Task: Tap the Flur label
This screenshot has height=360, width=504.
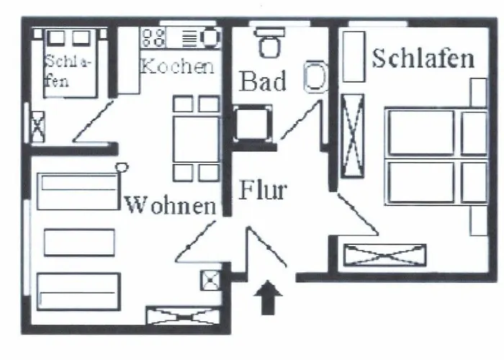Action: click(x=263, y=191)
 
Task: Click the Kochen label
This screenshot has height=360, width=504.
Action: click(x=177, y=67)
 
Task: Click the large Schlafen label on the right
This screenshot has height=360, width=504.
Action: click(x=423, y=59)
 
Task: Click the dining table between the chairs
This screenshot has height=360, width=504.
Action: click(x=196, y=139)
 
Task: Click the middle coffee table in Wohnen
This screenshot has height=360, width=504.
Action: click(x=79, y=242)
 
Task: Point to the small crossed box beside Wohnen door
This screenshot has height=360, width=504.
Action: click(x=210, y=279)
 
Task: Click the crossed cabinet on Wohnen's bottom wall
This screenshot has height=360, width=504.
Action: click(x=181, y=315)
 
